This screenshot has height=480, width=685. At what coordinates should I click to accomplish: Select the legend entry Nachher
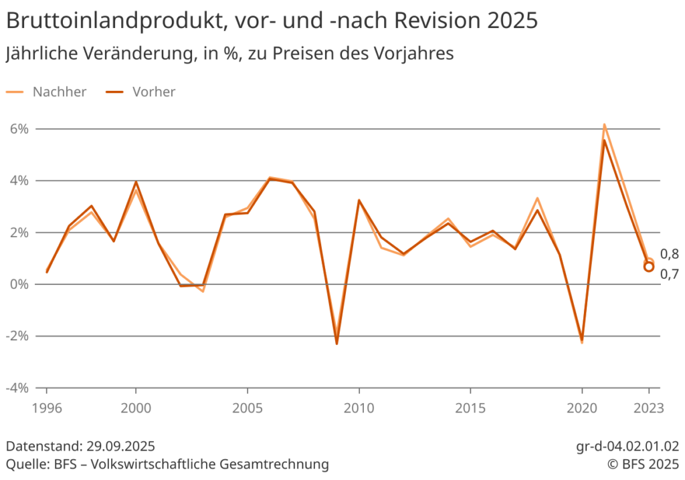point(60,92)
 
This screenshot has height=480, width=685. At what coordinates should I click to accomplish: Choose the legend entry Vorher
point(154,92)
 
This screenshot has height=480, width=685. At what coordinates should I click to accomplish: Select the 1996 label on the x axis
point(47,406)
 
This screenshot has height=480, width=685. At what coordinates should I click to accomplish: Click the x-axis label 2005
point(248,406)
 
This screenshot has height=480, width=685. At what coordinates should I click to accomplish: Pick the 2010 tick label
point(359,406)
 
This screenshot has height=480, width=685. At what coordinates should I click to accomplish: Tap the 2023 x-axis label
point(648,406)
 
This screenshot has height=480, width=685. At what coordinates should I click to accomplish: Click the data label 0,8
point(670,254)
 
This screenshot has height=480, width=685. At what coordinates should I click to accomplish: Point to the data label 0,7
point(670,273)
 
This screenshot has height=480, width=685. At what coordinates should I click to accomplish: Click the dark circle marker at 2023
point(649,267)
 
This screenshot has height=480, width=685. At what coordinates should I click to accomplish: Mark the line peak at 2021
point(604,125)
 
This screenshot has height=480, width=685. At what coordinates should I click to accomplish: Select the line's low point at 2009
point(336,343)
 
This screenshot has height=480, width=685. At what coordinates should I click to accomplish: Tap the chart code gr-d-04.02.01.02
point(627,446)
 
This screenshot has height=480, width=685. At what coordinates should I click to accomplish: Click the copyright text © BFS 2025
point(643,463)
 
